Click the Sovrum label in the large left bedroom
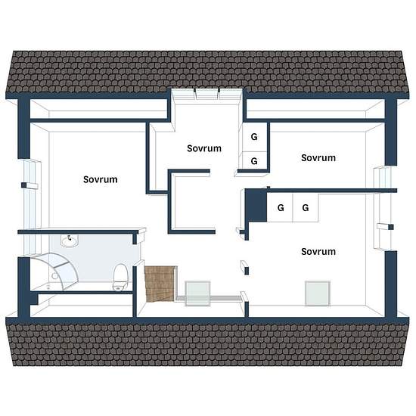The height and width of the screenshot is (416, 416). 101,179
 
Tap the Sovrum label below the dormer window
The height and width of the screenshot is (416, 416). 204,148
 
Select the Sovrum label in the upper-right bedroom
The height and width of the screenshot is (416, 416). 318,158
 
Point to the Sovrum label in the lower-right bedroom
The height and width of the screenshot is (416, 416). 318,252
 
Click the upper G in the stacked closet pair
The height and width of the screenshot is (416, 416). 254,137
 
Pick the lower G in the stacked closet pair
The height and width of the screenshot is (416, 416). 254,161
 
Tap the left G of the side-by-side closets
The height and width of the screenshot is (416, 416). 281,208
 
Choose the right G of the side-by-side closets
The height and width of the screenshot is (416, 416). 306,208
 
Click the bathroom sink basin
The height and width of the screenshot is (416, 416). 70,241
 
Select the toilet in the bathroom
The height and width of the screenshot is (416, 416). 120,278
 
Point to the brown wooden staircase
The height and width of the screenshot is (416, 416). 160,284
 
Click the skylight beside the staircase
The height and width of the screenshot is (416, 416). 197,293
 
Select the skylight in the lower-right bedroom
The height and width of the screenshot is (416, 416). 318,293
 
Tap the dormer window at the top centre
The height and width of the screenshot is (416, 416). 207,94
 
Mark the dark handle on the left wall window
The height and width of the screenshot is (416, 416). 24,185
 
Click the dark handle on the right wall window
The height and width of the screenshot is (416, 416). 391,227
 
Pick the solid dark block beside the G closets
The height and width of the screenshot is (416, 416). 256,205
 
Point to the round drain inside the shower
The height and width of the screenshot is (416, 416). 55,276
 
